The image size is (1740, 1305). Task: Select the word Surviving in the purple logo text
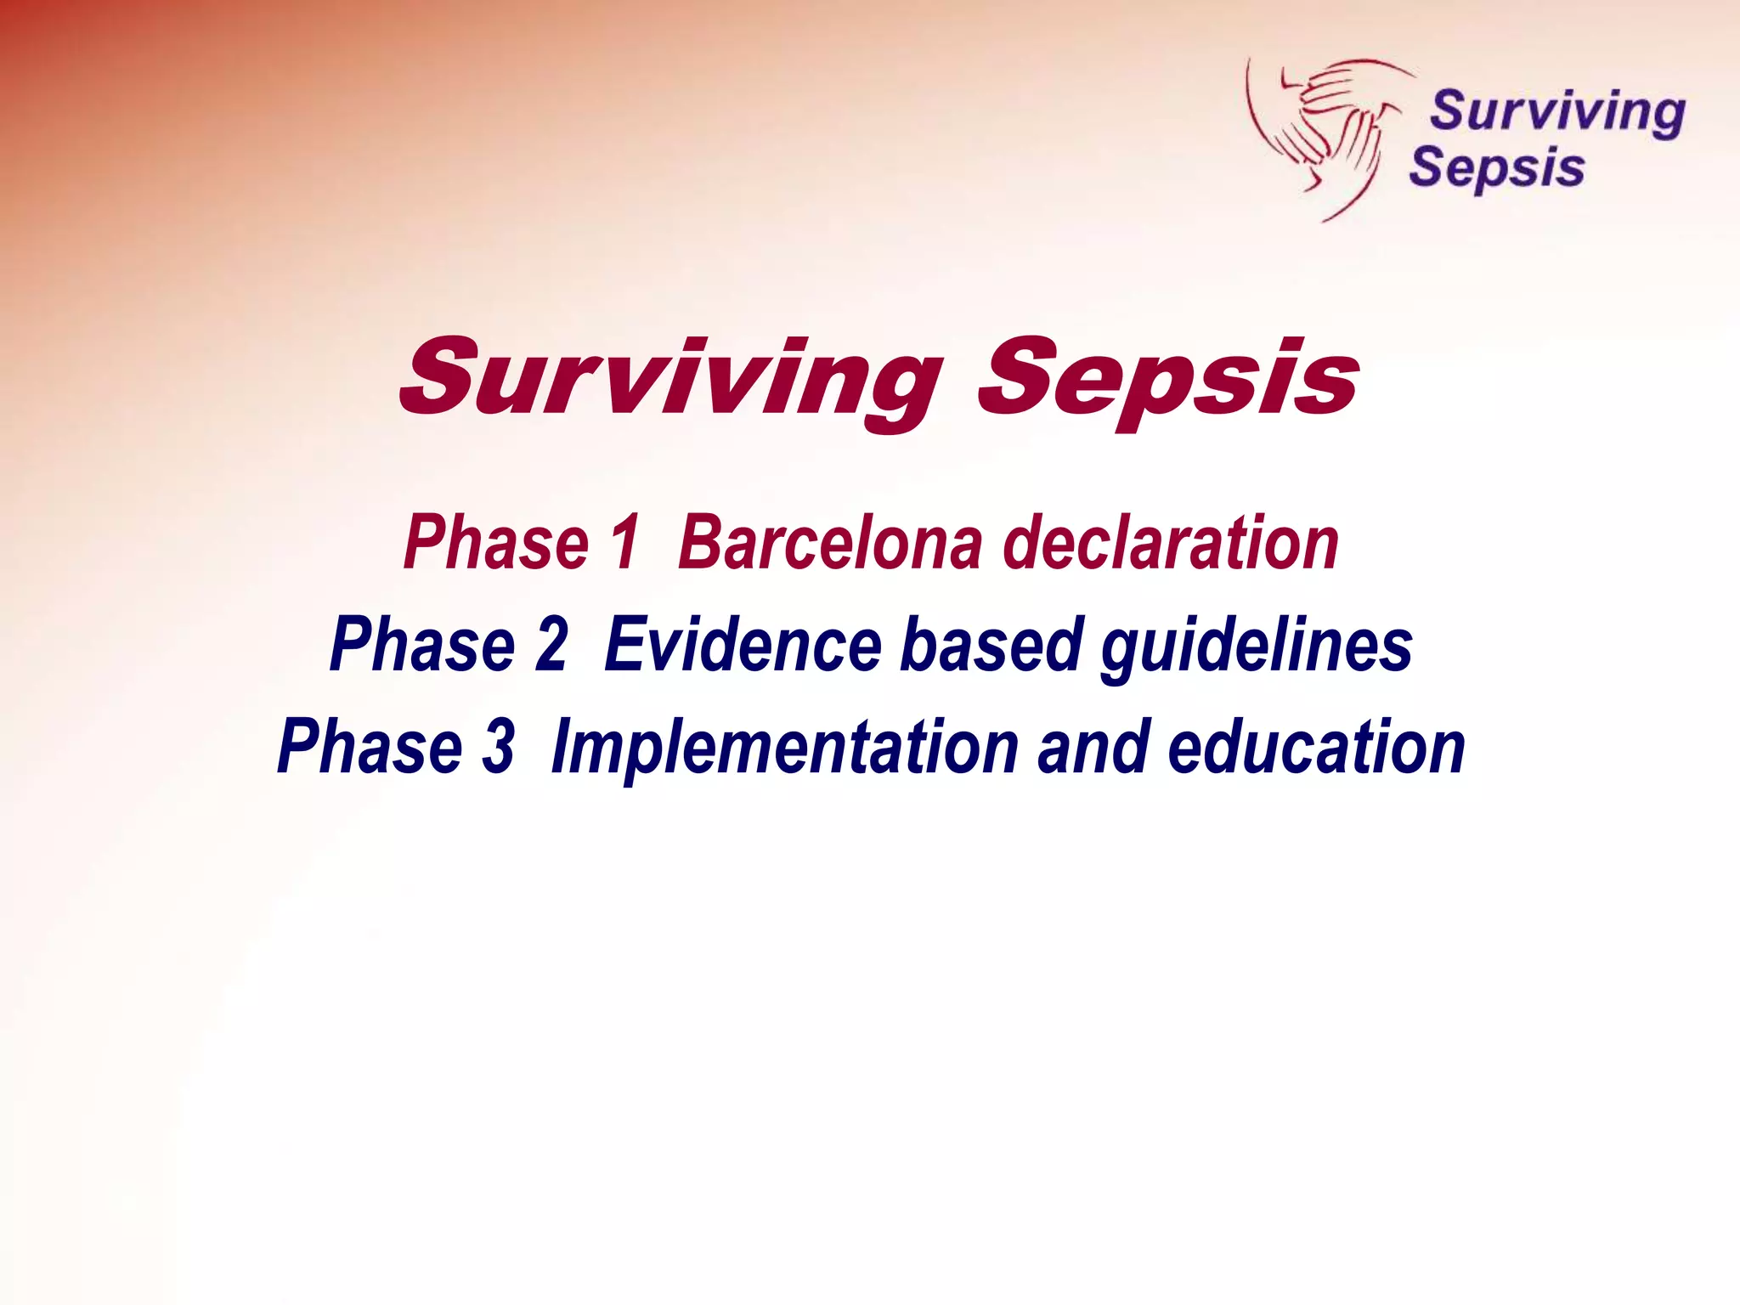click(1557, 112)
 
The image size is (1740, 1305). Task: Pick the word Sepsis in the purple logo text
click(1497, 168)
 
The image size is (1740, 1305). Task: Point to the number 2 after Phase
click(551, 645)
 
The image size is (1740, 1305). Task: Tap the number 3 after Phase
click(500, 747)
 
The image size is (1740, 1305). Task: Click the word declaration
click(1171, 543)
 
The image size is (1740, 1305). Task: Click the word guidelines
click(1257, 645)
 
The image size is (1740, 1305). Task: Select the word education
click(1317, 747)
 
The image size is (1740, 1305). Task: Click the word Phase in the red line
click(496, 543)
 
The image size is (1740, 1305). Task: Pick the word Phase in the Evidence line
click(423, 645)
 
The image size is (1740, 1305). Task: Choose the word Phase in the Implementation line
click(370, 747)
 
